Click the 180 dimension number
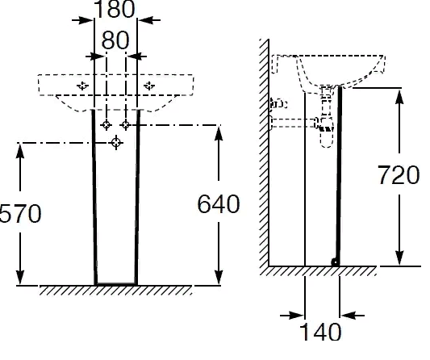point(115,10)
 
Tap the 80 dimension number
point(115,40)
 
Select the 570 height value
point(20,213)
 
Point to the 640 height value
point(219,204)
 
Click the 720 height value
point(399,175)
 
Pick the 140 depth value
point(320,331)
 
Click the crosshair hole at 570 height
point(116,143)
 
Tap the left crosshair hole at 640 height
point(106,125)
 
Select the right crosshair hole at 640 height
point(126,125)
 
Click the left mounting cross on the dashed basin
point(82,86)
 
